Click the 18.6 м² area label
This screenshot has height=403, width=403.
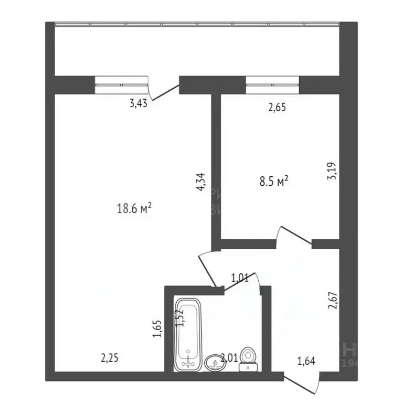click(134, 209)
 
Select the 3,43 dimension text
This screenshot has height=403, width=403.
click(138, 103)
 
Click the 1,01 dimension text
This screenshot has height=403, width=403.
click(240, 278)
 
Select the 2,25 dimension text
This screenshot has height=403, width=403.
click(110, 358)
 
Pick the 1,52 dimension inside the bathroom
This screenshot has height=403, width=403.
click(179, 319)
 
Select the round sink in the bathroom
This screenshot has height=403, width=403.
click(214, 362)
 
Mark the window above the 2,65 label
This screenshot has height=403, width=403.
click(272, 83)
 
